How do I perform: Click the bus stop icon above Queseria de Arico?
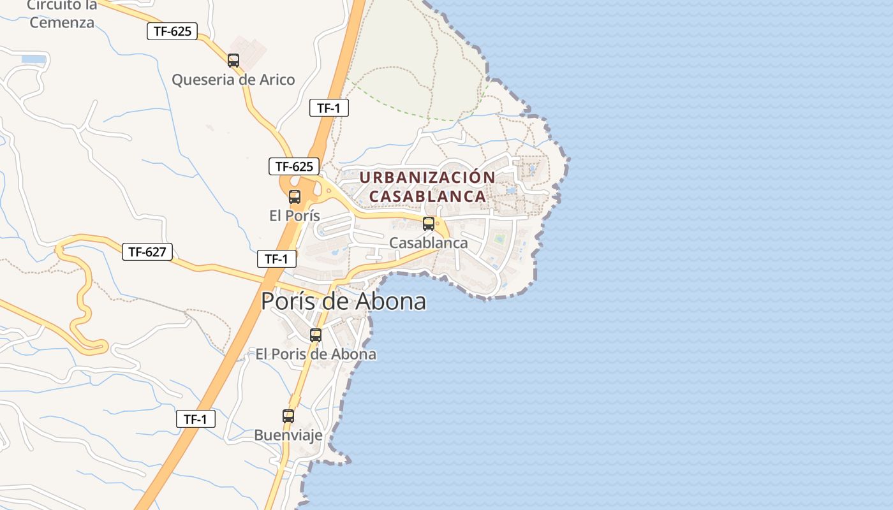click(x=233, y=61)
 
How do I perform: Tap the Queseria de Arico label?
click(x=233, y=80)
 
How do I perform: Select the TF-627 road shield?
click(x=147, y=252)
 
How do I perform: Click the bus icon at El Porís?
click(x=294, y=197)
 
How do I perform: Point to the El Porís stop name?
click(x=294, y=215)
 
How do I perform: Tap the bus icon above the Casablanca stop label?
click(x=429, y=224)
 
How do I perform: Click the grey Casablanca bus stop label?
click(x=429, y=243)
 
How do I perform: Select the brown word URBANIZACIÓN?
click(x=427, y=177)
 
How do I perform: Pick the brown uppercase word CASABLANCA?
click(x=427, y=196)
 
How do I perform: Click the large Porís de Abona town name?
click(x=343, y=301)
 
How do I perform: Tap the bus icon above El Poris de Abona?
click(x=315, y=335)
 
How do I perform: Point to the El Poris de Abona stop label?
click(x=316, y=354)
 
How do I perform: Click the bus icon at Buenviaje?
click(x=288, y=416)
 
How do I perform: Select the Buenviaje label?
click(x=288, y=435)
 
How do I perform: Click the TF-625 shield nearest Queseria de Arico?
click(x=172, y=31)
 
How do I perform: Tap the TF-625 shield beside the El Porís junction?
click(x=294, y=167)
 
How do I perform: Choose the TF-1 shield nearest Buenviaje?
click(x=196, y=419)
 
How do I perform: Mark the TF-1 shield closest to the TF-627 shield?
click(x=277, y=259)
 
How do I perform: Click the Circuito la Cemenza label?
click(x=62, y=14)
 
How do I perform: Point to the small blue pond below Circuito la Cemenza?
click(x=33, y=59)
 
